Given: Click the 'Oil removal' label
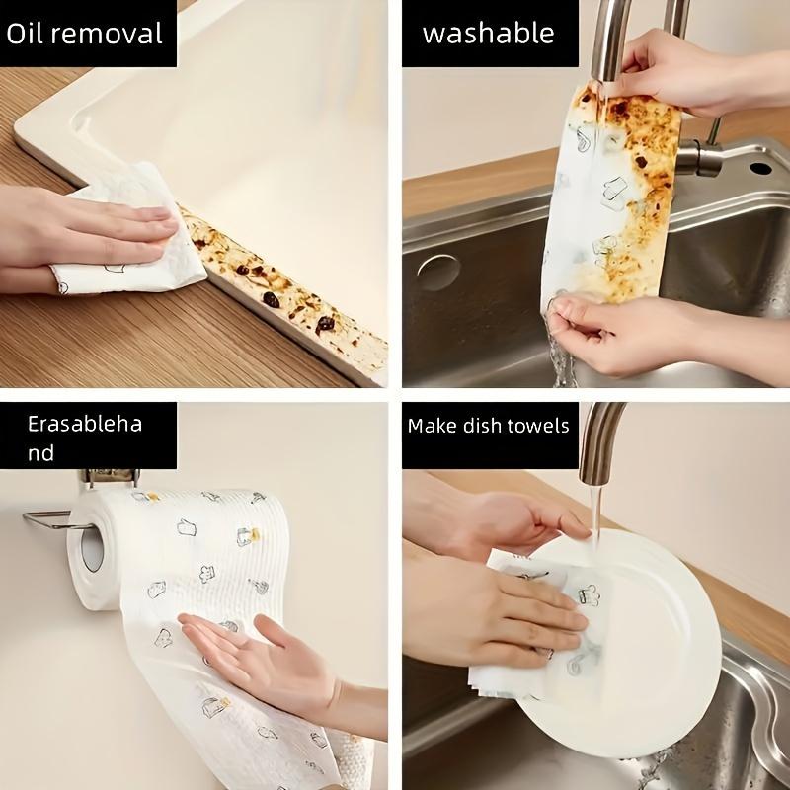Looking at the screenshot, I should (x=84, y=35).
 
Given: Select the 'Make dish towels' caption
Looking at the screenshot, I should (x=489, y=427).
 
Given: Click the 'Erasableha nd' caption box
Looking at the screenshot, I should (x=85, y=438).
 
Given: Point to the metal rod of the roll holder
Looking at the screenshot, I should (x=44, y=514).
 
